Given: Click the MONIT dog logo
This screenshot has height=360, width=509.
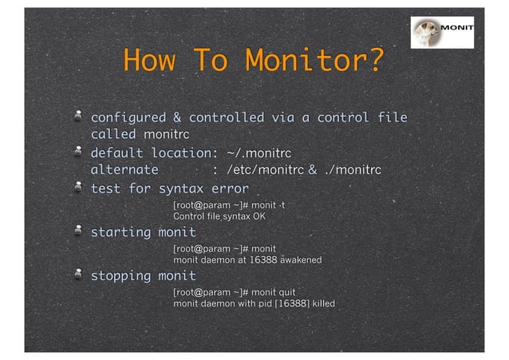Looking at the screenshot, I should (442, 33).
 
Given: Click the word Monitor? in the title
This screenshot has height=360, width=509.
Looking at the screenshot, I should (314, 60).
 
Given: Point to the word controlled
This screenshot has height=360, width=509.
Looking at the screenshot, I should (226, 118).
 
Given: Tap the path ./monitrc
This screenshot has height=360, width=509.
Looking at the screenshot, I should (353, 170).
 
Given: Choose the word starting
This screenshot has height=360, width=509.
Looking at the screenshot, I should (120, 232).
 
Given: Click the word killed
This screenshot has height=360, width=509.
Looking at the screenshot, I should (323, 303).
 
